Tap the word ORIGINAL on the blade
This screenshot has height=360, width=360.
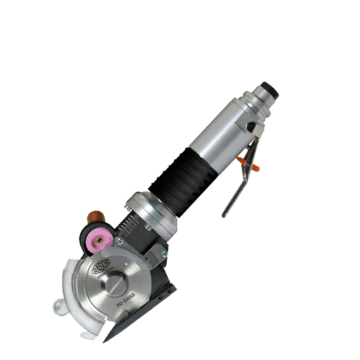[106, 272]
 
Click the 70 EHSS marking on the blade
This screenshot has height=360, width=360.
[126, 300]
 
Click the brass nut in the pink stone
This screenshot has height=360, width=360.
[99, 240]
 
